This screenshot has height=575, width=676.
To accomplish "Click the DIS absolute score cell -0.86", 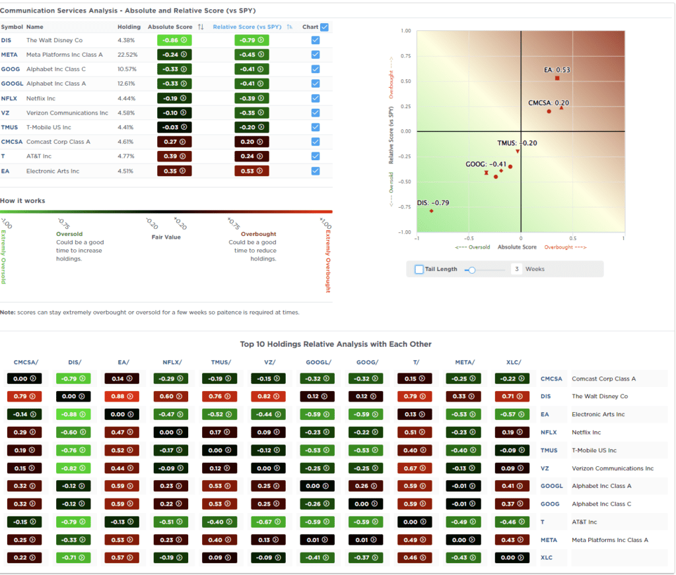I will coord(174,40).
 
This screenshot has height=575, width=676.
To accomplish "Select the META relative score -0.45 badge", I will coord(252,55).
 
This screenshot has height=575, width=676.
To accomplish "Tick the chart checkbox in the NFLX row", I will coord(316,98).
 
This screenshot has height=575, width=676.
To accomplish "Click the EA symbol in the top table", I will coord(5,171).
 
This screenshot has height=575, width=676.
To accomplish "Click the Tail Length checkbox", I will coord(419,269).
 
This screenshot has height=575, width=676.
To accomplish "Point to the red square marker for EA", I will coord(557,78).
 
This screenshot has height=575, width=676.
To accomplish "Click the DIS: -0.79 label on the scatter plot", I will coord(433,202).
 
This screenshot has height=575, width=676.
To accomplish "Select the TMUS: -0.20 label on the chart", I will coord(517,143).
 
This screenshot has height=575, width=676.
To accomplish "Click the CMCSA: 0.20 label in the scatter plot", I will coord(549,103).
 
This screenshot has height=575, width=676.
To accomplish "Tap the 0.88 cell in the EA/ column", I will coord(121,396).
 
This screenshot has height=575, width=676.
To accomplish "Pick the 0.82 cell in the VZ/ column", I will coord(268,396).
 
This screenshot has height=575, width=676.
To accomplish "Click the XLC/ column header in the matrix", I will coord(512,362).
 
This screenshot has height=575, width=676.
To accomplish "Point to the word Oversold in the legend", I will coord(69,234).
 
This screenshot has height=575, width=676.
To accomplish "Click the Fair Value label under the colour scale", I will coord(166,237).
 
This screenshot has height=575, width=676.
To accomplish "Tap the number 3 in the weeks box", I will coord(516,269).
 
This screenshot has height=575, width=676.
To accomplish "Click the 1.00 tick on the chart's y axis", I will coord(405,31).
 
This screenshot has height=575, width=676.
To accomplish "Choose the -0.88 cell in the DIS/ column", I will coord(73,414).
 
